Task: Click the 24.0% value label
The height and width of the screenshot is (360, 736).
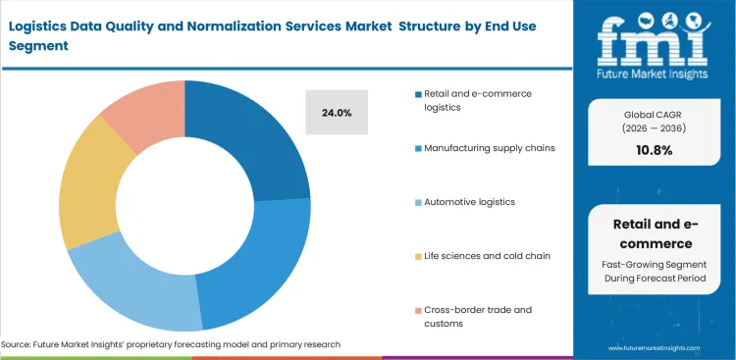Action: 337,113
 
